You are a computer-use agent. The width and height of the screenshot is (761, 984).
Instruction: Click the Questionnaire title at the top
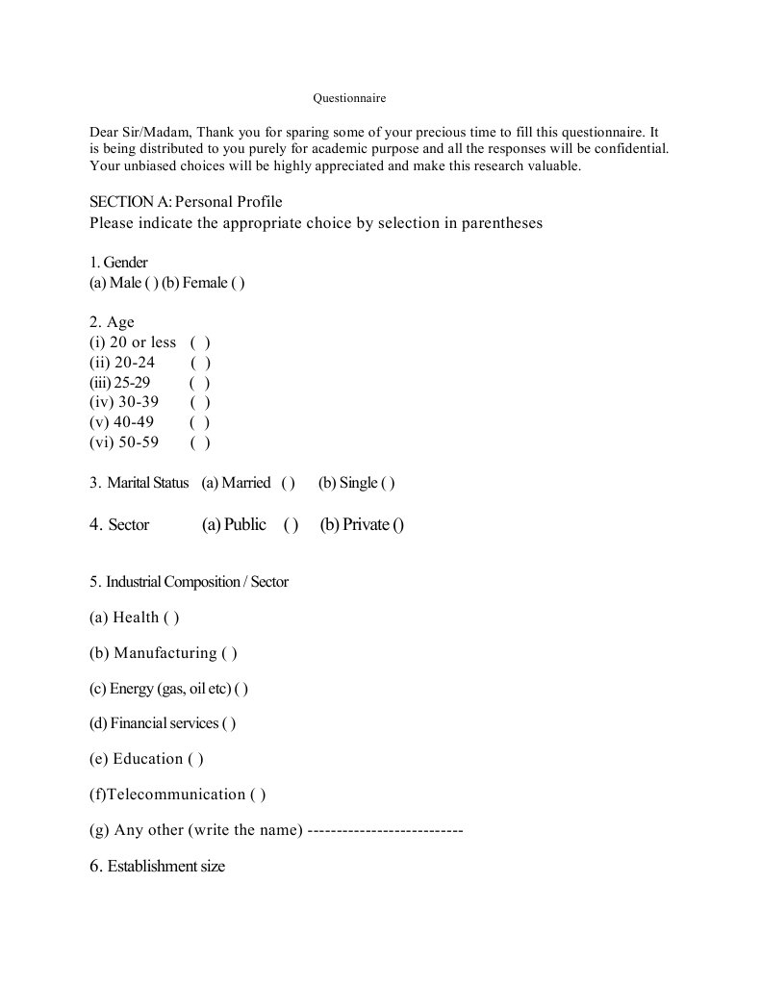tap(349, 98)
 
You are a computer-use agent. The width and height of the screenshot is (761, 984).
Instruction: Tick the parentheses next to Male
tap(151, 283)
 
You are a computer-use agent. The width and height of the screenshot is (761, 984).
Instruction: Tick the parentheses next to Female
tap(238, 283)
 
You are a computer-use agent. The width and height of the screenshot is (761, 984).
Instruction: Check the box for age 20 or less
tap(200, 342)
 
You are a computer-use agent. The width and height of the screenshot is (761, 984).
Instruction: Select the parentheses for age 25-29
tap(200, 383)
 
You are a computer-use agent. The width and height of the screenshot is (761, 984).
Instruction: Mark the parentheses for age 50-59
tap(200, 442)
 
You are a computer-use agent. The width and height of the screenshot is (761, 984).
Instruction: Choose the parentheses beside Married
tap(288, 483)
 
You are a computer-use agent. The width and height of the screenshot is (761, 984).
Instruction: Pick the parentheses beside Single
tap(388, 483)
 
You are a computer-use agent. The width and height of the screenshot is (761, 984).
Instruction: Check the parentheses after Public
tap(291, 525)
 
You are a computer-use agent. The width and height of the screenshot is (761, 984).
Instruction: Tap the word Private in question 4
tap(366, 525)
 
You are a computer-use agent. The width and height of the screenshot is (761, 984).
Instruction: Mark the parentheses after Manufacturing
tap(229, 653)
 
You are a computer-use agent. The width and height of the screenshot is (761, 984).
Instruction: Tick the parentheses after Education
tap(196, 759)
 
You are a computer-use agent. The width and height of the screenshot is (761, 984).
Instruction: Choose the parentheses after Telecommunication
tap(258, 795)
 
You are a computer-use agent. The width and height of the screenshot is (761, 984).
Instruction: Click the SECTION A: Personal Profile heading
tap(186, 202)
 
